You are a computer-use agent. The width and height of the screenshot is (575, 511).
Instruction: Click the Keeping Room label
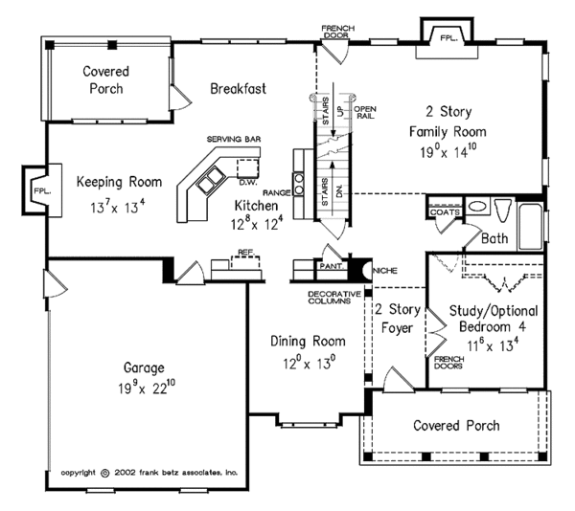pos(119,182)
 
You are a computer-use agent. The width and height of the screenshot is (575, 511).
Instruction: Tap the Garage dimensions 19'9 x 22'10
pos(147,388)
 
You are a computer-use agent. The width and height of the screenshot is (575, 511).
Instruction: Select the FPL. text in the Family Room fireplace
pos(448,37)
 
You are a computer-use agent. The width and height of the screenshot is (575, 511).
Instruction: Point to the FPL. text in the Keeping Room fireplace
pos(42,190)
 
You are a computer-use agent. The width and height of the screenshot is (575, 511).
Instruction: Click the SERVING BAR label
pos(234,139)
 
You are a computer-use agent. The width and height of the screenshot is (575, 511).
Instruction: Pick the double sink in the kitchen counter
pos(211,178)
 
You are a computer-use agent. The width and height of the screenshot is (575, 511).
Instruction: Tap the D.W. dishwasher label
pos(248,182)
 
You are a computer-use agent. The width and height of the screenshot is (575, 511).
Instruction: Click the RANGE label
pos(277,192)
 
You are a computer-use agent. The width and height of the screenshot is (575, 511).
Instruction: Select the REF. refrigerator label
pos(246,253)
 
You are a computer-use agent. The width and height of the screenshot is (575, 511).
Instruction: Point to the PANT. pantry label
pos(331,266)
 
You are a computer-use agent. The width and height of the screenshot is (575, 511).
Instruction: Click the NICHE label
pos(385,271)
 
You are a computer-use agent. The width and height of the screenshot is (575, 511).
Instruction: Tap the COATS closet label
pos(445,212)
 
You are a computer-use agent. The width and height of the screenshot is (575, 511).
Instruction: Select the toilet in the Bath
pos(503,210)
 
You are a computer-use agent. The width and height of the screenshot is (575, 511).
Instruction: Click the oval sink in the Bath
pos(477,206)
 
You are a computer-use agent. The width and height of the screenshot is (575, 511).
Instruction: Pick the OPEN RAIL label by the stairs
pos(365,113)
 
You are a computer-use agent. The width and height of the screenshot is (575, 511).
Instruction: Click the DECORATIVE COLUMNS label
pos(334,298)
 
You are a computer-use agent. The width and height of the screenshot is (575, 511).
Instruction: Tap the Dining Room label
pos(308,342)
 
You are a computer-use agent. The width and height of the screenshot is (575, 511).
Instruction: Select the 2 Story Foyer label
pos(398,319)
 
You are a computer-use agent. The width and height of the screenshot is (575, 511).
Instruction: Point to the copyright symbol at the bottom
pos(104,473)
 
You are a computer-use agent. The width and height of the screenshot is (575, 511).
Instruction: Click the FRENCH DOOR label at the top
pos(338,32)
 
